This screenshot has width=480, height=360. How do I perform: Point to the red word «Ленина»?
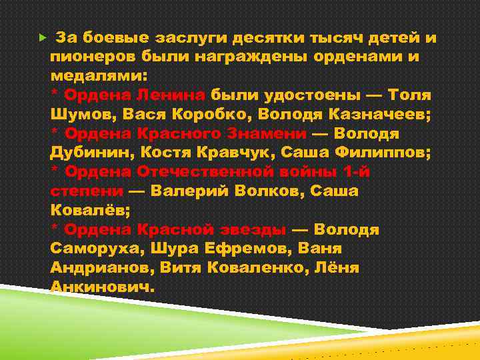[174, 95]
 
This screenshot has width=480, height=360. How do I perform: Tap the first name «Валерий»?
[189, 191]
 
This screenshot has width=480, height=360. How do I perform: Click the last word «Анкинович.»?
[102, 287]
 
